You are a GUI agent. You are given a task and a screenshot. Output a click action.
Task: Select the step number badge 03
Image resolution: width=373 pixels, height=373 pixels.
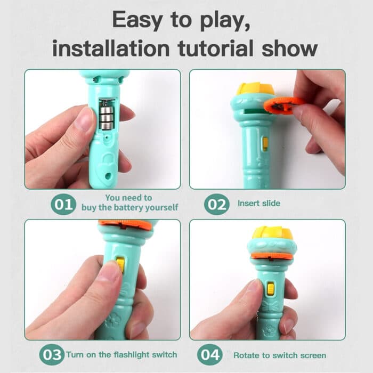click(51, 354)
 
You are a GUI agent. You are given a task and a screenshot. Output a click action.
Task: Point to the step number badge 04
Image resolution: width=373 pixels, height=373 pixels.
click(209, 355)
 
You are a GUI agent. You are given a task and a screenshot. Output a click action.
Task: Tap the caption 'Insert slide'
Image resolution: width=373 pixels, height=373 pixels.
click(259, 203)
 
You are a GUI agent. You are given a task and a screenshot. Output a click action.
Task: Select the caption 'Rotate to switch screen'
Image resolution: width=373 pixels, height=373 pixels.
click(280, 355)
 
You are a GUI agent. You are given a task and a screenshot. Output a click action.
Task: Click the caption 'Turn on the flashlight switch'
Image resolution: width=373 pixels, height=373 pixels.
click(121, 354)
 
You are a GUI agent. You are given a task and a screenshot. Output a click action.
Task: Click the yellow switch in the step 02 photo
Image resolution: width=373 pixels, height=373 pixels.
click(265, 143)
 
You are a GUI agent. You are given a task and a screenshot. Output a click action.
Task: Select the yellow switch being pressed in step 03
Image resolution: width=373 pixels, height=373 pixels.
click(121, 264)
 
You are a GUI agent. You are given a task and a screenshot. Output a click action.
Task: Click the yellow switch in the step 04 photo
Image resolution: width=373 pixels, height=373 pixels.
click(271, 288)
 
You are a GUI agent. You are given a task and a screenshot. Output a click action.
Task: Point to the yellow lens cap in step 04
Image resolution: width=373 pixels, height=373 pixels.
click(271, 232)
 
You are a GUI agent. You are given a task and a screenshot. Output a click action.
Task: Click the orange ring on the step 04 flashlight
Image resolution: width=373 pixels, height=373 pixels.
click(272, 256)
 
